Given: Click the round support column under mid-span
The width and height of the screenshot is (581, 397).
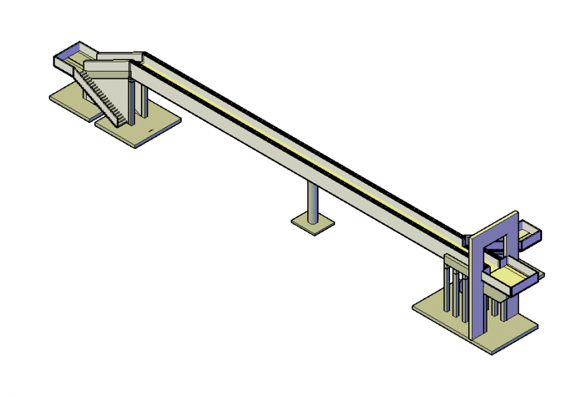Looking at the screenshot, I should click(312, 201).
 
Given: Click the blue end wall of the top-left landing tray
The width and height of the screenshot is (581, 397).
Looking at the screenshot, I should click(66, 50).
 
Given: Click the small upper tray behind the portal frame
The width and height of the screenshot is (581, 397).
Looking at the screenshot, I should click(529, 234).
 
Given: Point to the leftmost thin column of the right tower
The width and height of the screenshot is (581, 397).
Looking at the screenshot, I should click(446, 287).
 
